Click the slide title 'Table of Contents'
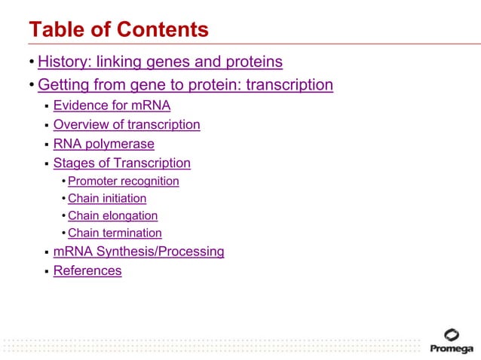point(118,30)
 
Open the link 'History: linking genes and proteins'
point(160,62)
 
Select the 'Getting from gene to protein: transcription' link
point(185,85)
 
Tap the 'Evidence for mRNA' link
point(112,105)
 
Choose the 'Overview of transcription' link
point(127,125)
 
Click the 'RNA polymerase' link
point(103,144)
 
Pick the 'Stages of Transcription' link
point(121,163)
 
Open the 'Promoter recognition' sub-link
point(123,182)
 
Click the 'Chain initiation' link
point(107,199)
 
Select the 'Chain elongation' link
point(112,216)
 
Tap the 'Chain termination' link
point(115,233)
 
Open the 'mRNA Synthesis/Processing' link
point(139,252)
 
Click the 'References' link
point(87,271)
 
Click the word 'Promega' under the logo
point(452,349)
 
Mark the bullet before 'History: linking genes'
point(32,63)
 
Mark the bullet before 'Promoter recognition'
point(63,182)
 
